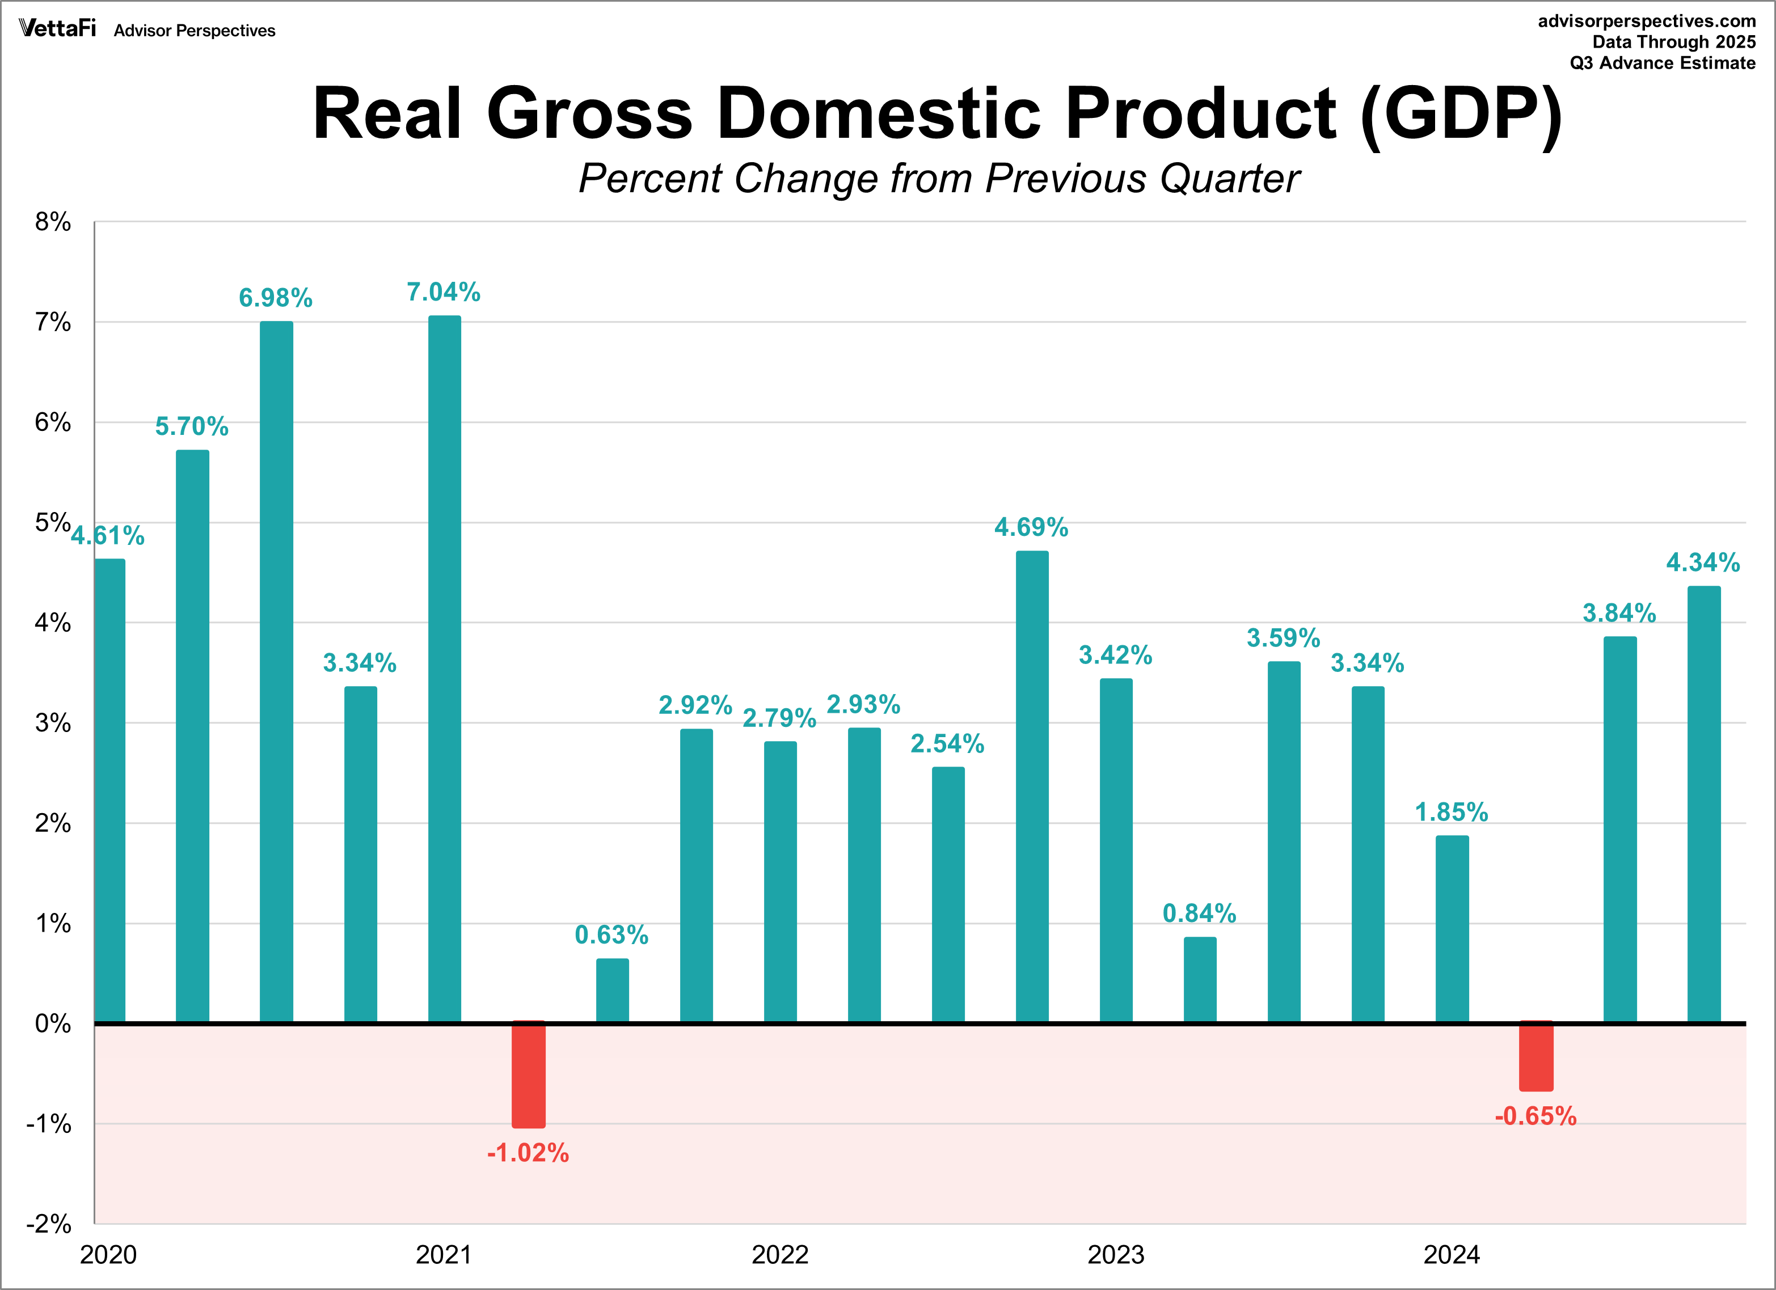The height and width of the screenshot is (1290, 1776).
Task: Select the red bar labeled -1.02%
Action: click(529, 1074)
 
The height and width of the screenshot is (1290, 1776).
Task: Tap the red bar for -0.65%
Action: click(1535, 1056)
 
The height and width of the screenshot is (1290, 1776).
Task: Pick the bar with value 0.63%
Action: click(613, 989)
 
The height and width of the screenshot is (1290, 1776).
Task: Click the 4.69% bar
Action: click(1032, 786)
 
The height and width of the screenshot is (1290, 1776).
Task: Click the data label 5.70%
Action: click(192, 426)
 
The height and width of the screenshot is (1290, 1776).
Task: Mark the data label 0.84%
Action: click(1199, 913)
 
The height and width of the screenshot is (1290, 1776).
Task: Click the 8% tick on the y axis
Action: click(52, 222)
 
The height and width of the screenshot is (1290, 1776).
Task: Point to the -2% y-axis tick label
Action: click(49, 1224)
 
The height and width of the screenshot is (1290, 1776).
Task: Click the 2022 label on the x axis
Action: click(780, 1255)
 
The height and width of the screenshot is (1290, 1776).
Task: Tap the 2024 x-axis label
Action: click(1451, 1255)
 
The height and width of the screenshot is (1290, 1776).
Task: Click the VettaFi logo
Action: click(57, 29)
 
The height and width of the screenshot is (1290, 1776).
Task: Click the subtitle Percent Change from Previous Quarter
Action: click(938, 179)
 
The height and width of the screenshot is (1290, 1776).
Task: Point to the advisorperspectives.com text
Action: click(1646, 21)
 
